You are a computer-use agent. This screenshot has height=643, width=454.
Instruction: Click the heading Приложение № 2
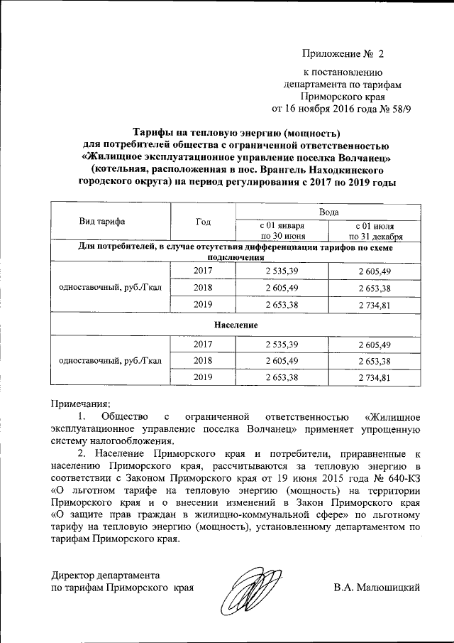342,54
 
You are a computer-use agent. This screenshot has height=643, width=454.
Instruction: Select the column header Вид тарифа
104,221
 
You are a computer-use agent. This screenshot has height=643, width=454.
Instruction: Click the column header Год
203,221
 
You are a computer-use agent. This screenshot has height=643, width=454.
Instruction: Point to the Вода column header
328,212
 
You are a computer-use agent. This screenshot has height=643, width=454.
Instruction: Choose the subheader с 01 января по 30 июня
282,232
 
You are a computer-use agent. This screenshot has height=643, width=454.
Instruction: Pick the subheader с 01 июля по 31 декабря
375,232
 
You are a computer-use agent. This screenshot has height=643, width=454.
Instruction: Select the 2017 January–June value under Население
282,343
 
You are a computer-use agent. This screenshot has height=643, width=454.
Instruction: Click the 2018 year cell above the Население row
203,288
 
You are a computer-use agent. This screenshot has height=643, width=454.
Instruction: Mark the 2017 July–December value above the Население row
375,271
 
